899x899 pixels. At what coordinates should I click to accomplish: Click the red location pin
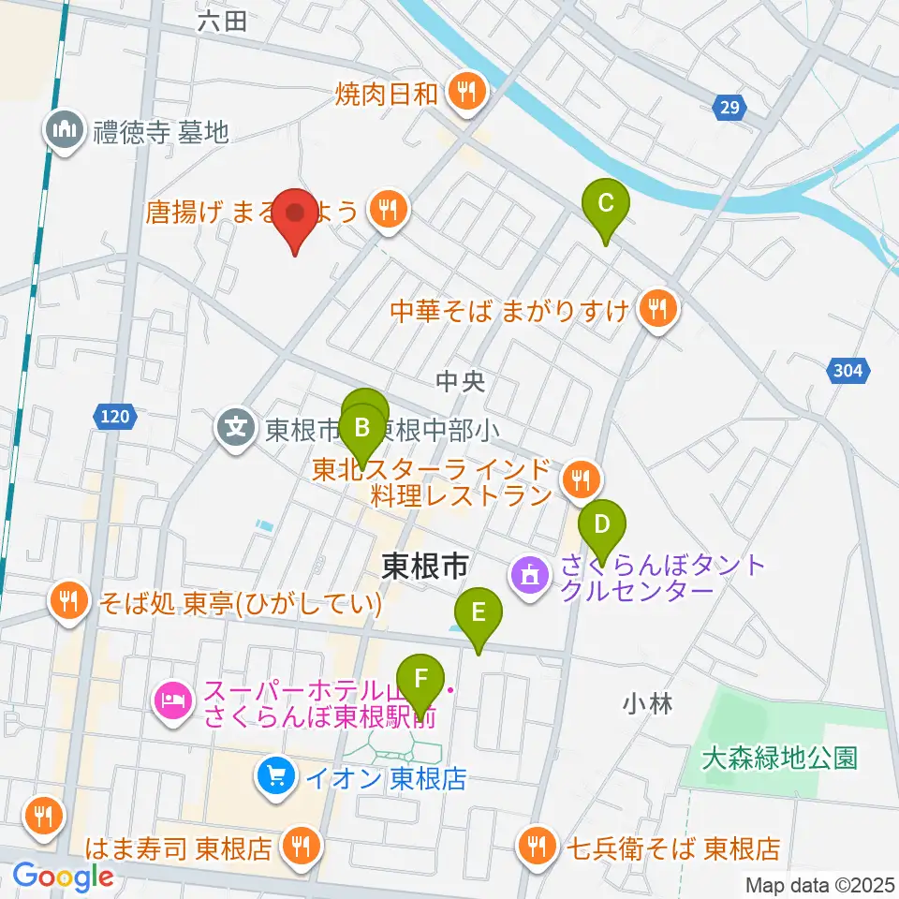(x=296, y=215)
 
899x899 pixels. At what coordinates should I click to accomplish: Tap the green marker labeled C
(x=606, y=204)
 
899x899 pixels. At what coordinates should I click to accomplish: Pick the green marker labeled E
(x=479, y=614)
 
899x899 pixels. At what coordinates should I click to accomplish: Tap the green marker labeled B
(x=361, y=432)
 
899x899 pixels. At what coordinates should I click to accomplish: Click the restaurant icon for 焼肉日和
(x=465, y=92)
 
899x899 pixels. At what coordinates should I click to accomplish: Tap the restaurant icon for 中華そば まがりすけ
(x=657, y=309)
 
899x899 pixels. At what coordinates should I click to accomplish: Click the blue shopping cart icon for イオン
(x=275, y=776)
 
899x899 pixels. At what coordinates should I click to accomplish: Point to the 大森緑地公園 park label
(x=780, y=758)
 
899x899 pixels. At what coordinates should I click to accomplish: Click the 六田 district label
(x=223, y=21)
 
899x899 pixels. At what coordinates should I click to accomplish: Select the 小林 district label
(x=646, y=703)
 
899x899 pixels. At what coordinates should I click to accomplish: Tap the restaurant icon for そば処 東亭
(x=68, y=600)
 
